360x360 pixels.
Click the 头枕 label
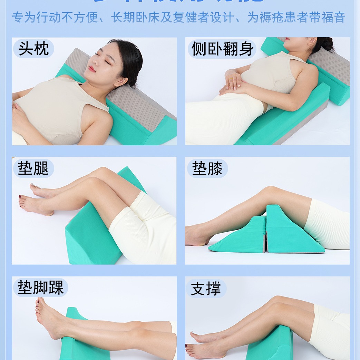coord(33,49)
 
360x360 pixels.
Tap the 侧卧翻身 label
coord(223,49)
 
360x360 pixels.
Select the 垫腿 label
coord(33,168)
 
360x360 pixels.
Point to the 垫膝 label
coord(207,168)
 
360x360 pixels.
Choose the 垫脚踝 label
coord(41,288)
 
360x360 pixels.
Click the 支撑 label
coord(206,288)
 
